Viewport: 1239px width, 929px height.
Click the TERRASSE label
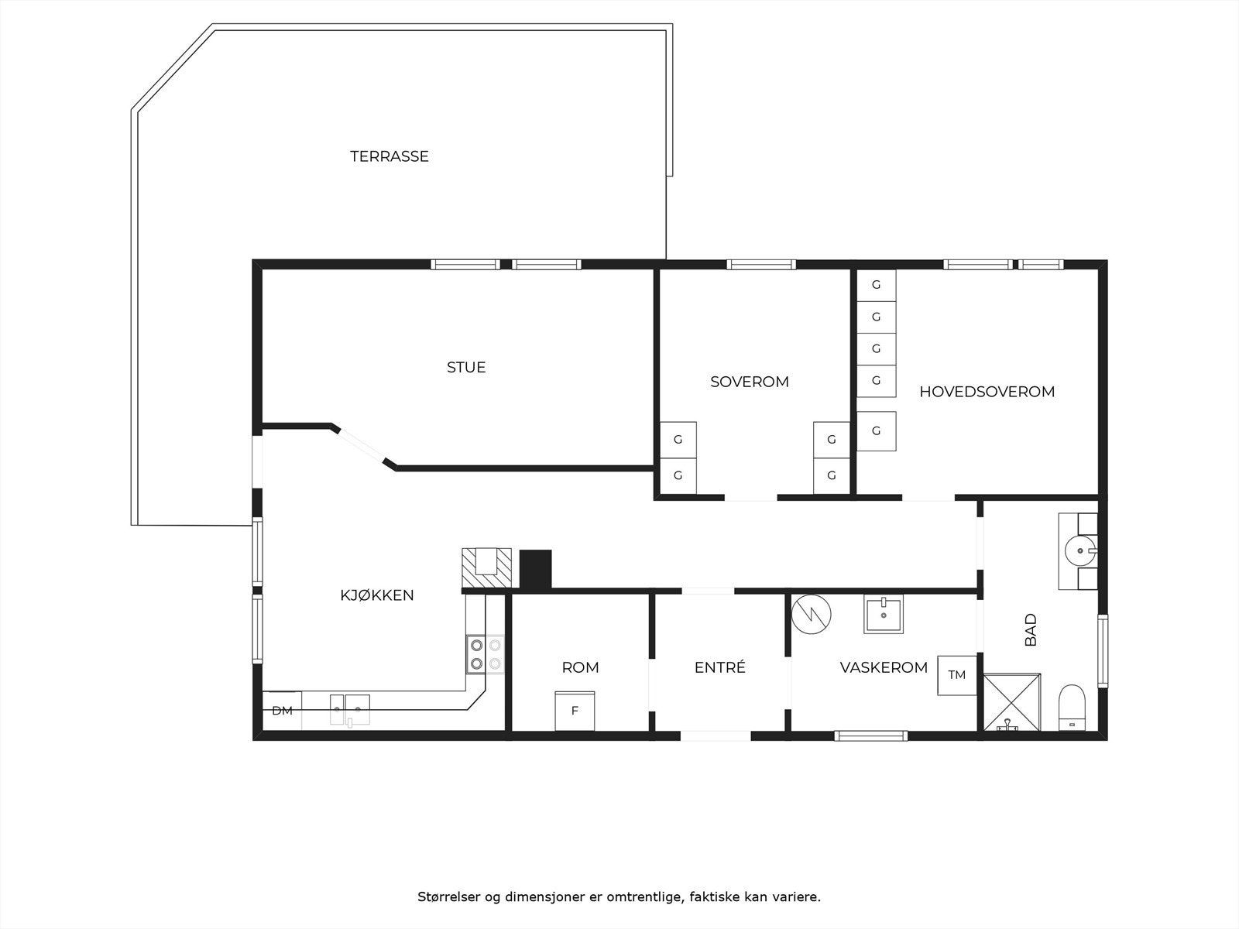(390, 156)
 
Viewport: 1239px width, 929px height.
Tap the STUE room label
(466, 367)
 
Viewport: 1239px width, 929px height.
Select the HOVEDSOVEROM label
(987, 392)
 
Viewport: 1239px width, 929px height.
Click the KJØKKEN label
(377, 595)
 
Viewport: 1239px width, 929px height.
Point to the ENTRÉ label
(719, 667)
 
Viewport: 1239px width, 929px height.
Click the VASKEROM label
(884, 667)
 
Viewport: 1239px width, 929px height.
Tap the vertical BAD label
(1031, 630)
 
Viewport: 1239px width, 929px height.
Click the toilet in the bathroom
(1073, 706)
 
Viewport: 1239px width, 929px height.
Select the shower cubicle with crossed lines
(1011, 701)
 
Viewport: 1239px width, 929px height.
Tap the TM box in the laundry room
(957, 675)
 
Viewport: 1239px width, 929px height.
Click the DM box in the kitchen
(282, 711)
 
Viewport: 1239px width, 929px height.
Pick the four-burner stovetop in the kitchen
(485, 653)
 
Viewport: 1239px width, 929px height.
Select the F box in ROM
(575, 711)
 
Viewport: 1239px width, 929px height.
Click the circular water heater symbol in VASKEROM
(811, 615)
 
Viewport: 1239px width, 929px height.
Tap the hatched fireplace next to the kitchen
(486, 567)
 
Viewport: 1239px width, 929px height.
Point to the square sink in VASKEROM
(884, 615)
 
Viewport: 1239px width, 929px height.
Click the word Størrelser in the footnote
(449, 898)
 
